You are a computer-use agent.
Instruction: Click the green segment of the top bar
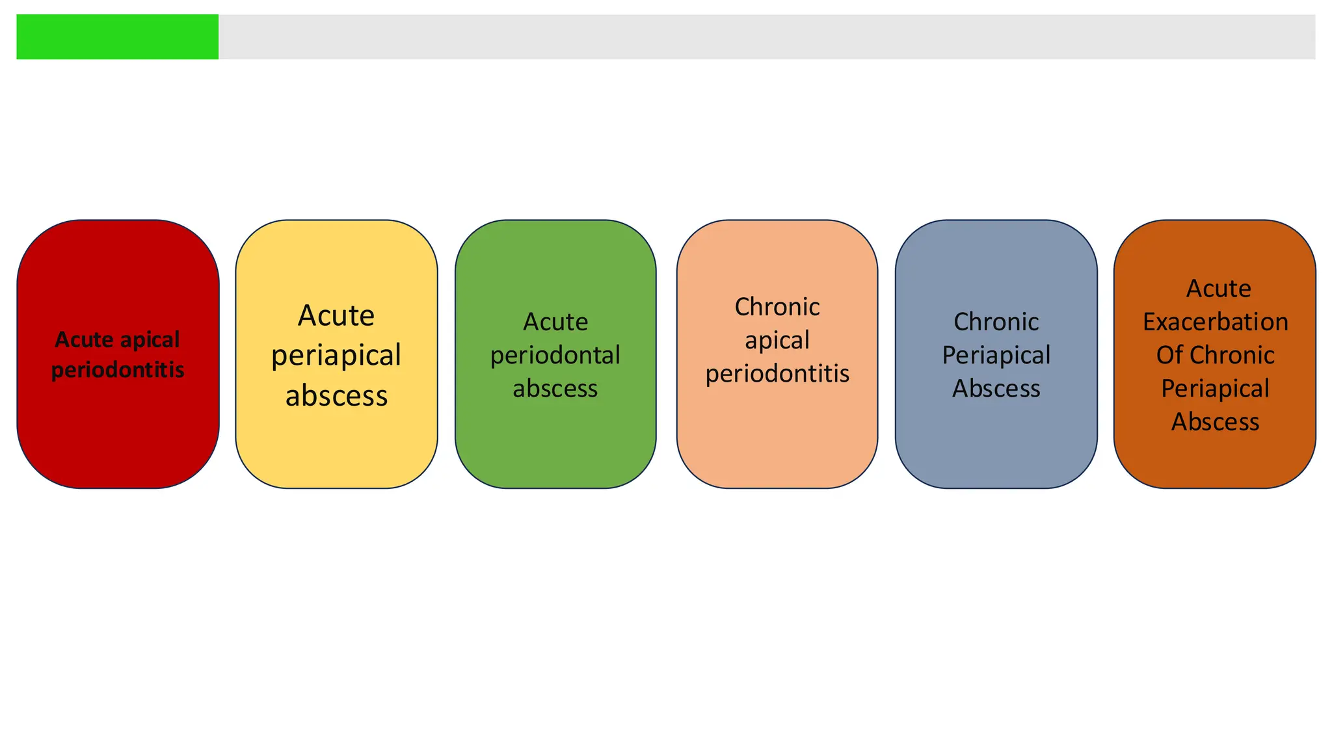click(117, 37)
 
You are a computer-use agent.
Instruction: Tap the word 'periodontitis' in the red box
click(118, 370)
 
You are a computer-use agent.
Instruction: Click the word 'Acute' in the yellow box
click(336, 316)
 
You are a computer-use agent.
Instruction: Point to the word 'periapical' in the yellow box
click(336, 356)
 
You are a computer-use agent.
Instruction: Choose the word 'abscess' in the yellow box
click(336, 396)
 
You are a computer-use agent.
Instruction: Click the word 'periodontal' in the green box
click(555, 355)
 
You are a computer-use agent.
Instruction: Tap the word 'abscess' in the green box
click(555, 389)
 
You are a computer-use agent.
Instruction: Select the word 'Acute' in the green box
click(555, 322)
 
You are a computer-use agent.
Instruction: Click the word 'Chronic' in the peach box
click(777, 307)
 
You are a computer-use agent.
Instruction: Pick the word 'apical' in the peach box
click(777, 340)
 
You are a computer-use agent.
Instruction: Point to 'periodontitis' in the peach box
click(777, 374)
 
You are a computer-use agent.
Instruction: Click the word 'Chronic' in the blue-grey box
click(996, 322)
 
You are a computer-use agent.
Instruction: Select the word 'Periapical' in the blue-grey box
click(996, 355)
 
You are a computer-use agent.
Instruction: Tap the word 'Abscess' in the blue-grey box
click(996, 389)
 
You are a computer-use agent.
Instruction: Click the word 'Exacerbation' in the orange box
click(1215, 322)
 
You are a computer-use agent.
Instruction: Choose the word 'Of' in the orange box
click(1168, 355)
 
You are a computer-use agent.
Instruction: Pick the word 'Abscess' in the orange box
click(1215, 422)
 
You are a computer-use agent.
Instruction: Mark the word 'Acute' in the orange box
click(1218, 289)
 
